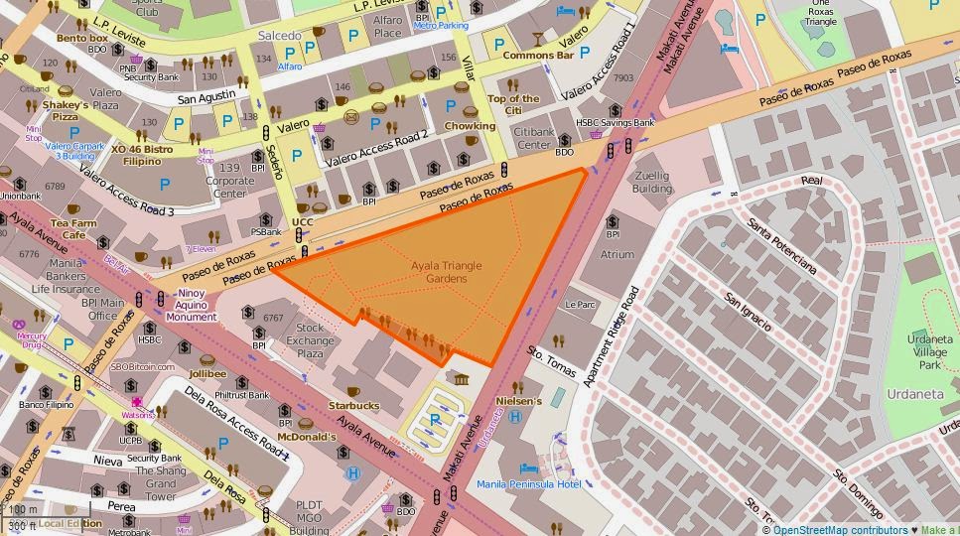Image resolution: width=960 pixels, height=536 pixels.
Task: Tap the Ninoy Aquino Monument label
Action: pyautogui.click(x=192, y=305)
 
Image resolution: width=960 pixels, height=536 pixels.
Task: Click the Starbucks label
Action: pyautogui.click(x=353, y=405)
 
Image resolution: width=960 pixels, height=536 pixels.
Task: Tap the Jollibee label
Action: pyautogui.click(x=207, y=374)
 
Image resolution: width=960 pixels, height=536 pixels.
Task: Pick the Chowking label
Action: pyautogui.click(x=470, y=126)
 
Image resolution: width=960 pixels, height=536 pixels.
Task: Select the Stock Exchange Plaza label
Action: pyautogui.click(x=310, y=340)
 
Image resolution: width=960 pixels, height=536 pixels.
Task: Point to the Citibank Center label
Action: pyautogui.click(x=533, y=138)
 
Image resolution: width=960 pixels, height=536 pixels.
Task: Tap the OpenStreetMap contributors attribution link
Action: pyautogui.click(x=840, y=530)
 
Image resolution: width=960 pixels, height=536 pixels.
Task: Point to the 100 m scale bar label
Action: pyautogui.click(x=22, y=510)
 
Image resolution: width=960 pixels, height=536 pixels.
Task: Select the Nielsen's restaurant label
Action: pyautogui.click(x=519, y=402)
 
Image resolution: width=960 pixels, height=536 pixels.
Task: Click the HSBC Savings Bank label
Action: pyautogui.click(x=616, y=122)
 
